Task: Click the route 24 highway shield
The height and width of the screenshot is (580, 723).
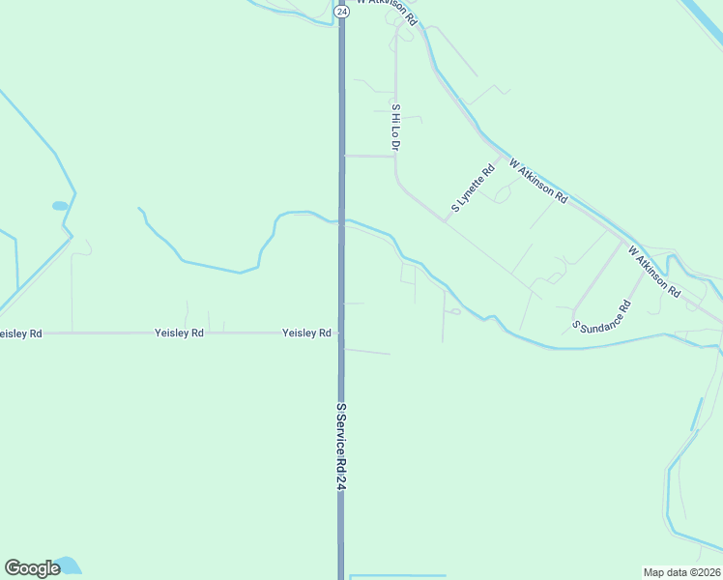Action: click(342, 11)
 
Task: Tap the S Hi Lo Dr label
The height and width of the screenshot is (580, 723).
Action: click(395, 127)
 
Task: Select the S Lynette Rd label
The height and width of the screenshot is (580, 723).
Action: click(473, 188)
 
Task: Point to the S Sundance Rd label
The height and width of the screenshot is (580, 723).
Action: click(601, 315)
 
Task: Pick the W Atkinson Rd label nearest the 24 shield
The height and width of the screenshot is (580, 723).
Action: click(387, 12)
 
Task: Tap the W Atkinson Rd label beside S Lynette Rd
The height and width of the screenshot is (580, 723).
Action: click(537, 181)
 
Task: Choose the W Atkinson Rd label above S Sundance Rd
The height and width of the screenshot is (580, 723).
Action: click(654, 271)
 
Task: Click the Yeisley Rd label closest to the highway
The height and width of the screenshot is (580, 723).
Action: click(306, 333)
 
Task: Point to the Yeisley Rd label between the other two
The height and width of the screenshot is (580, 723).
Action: click(179, 333)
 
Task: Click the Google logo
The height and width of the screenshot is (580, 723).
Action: click(32, 568)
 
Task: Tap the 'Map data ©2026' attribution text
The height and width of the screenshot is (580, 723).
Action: click(682, 571)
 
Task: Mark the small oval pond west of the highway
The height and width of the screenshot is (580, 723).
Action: click(60, 206)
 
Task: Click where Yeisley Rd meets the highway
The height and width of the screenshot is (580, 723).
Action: click(340, 333)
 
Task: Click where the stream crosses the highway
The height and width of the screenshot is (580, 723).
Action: click(340, 221)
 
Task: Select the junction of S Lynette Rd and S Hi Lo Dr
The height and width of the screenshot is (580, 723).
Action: click(445, 221)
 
